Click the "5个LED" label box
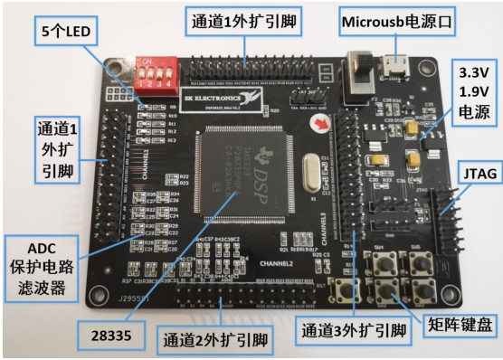coord(69,32)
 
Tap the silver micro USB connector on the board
coord(395,64)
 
